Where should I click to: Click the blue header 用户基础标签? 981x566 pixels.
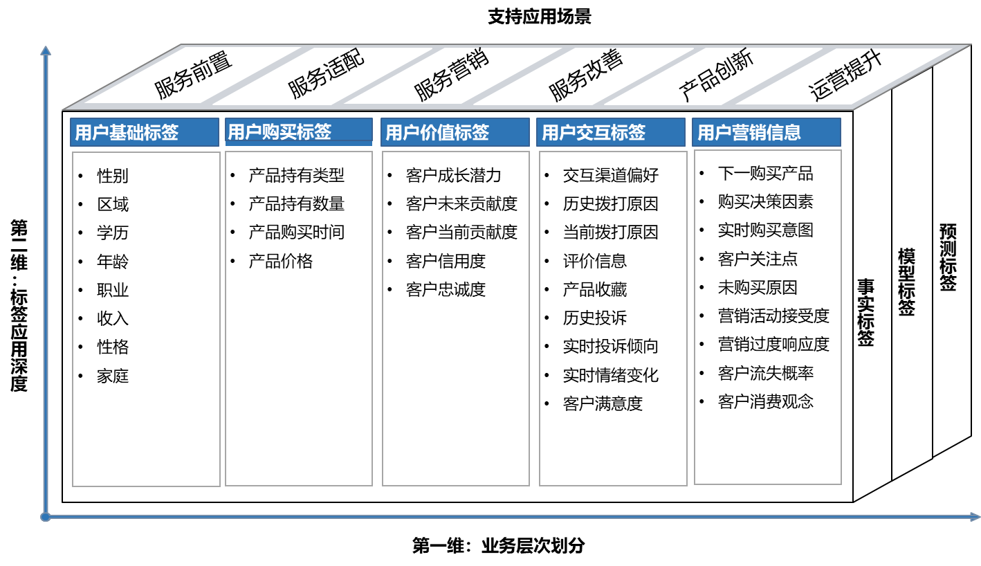144,132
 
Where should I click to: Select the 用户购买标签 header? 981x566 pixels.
298,131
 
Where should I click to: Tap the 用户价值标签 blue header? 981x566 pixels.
455,132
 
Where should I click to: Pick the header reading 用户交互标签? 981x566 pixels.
610,132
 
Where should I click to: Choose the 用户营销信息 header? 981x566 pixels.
766,132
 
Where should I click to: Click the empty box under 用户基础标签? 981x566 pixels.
146,319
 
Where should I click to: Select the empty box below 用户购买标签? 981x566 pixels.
299,318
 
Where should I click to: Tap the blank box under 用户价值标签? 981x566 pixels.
456,318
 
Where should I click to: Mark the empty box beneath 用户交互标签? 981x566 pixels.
613,318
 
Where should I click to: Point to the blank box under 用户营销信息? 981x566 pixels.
768,317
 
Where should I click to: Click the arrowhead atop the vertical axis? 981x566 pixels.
46,51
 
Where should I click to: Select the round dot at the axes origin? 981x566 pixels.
46,517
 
